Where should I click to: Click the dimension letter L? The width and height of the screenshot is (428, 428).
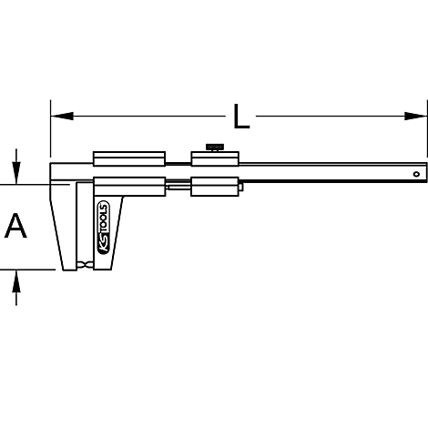241,117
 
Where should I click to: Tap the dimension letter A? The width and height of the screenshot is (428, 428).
15,226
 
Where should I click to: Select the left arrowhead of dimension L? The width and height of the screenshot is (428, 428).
62,116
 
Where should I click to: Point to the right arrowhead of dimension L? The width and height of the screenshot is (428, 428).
415,116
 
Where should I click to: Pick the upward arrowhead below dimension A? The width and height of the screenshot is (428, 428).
16,281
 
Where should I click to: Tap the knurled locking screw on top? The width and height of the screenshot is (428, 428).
215,148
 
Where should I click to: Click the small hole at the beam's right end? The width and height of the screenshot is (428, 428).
416,174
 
